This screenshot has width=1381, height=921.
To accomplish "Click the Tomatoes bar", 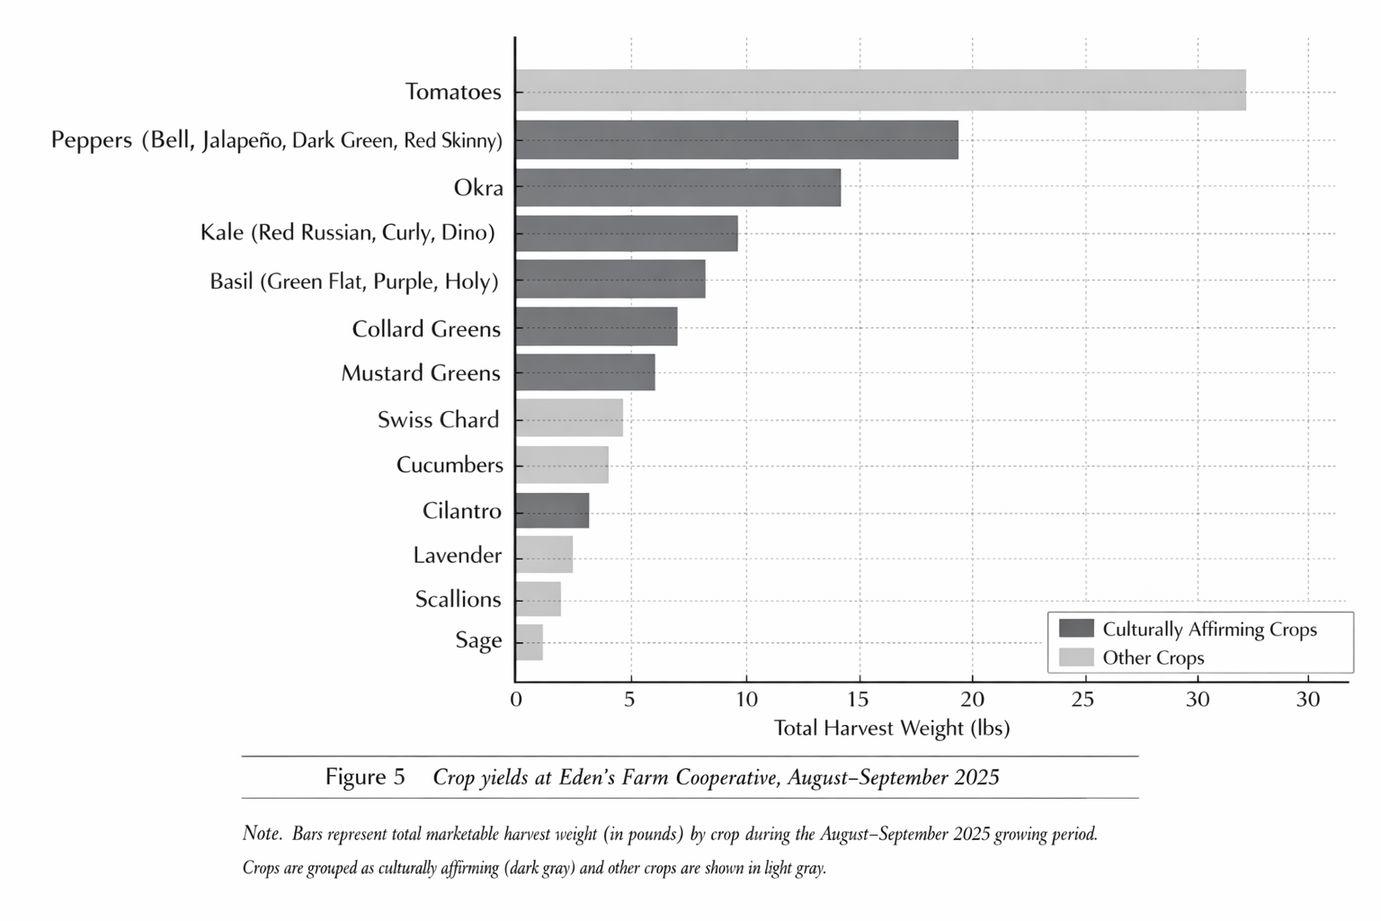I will (880, 90).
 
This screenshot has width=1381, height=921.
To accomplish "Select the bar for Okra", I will (678, 187).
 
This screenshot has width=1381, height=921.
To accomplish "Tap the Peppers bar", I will (736, 139).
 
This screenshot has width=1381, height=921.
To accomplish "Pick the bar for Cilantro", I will (552, 510).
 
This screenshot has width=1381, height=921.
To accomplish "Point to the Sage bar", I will (529, 641).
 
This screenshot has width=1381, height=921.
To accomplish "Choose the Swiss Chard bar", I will (569, 417).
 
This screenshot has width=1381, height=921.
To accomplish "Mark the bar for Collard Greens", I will (596, 326).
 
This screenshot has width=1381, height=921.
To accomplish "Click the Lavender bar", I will (544, 554).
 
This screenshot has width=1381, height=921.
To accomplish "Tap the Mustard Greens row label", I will (420, 372).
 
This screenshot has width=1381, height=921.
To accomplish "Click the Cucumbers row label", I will (450, 464).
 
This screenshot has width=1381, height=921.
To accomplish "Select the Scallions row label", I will (458, 599).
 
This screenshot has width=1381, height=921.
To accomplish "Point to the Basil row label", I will (353, 281).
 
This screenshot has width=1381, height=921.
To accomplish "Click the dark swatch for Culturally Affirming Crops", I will (1076, 629).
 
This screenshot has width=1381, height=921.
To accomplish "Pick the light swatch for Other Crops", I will (1076, 657).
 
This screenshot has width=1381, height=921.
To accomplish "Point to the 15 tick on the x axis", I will (859, 700).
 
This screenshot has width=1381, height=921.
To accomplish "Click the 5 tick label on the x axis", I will (629, 700).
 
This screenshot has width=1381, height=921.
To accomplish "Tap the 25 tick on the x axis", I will (1083, 700).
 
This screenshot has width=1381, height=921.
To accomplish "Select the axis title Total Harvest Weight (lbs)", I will (891, 728).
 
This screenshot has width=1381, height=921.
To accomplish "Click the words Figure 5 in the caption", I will (365, 776).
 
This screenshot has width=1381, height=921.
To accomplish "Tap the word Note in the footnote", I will (262, 833).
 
